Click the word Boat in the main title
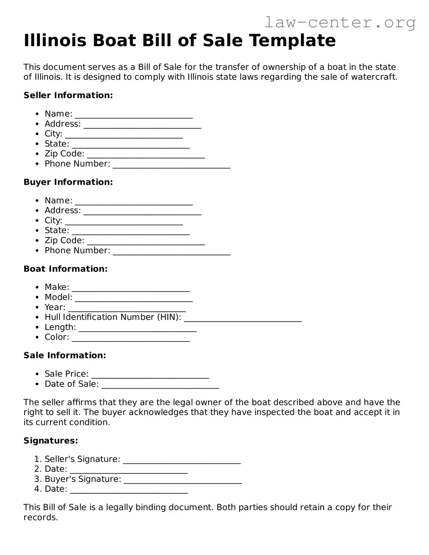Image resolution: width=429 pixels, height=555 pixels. point(114,41)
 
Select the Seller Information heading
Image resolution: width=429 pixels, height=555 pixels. point(68,95)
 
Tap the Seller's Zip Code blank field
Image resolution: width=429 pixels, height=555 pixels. point(146,155)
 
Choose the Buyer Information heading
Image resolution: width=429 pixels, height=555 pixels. point(68,182)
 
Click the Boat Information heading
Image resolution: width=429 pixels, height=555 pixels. point(66,269)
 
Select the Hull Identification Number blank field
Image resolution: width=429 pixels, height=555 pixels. point(243,318)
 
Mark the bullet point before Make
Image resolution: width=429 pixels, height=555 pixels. point(37,288)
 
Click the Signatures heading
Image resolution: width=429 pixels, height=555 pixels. point(51,441)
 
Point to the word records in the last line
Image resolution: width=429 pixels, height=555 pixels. point(40,518)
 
